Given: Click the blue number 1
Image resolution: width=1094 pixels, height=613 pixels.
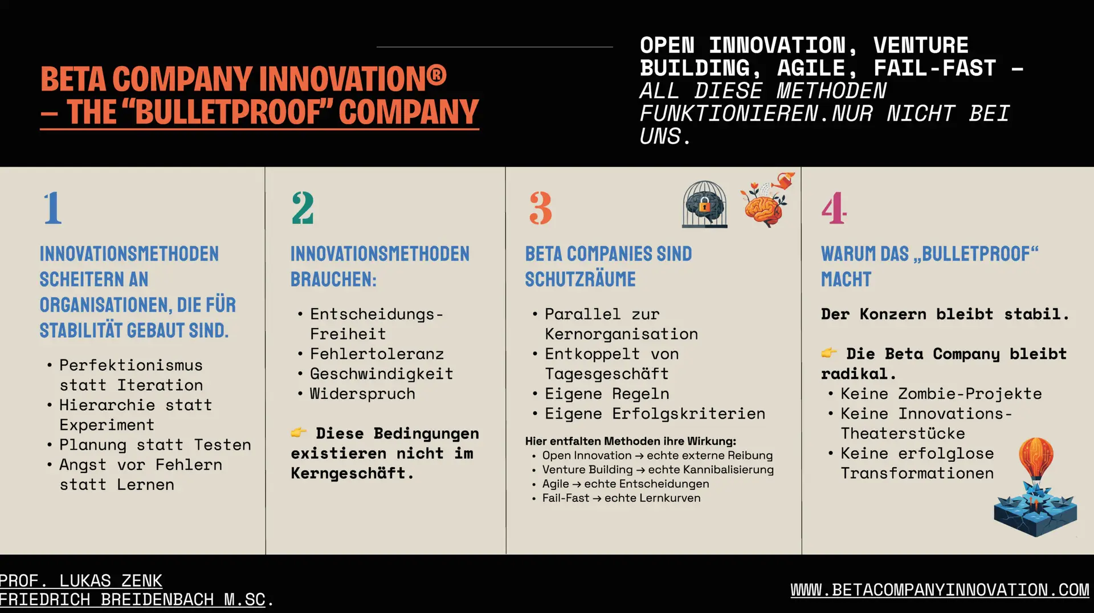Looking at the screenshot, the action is coord(53,208).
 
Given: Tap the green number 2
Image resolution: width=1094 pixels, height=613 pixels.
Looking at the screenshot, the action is coord(303,208).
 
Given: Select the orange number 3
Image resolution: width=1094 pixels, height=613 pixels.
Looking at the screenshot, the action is coord(541,208).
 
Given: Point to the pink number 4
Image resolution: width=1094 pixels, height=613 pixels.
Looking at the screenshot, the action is coord(834,208).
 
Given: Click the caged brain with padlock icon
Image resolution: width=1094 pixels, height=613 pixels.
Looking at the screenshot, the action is coord(704,205).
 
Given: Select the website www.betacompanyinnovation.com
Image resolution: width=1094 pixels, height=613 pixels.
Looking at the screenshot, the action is coord(940,590).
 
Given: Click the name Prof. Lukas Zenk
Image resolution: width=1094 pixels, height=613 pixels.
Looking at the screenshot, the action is coord(81,581).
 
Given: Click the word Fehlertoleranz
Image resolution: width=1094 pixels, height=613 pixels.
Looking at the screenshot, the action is coord(377,354).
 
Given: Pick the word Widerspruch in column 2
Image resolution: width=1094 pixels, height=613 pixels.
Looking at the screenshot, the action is coord(362,394).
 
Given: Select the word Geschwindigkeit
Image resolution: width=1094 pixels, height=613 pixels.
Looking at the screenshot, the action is coord(382,374).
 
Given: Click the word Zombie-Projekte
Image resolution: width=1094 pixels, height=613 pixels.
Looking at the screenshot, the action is coord(970,394).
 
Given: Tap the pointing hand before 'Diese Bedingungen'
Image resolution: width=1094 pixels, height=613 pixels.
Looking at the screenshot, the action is coord(299,433).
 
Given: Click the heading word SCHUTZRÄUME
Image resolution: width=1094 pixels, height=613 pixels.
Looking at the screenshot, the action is coord(580,279).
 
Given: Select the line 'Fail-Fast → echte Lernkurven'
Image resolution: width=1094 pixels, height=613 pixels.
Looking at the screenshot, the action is coord(621,498).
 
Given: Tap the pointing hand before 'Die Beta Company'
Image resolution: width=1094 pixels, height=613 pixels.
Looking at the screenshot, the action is coord(829,353).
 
